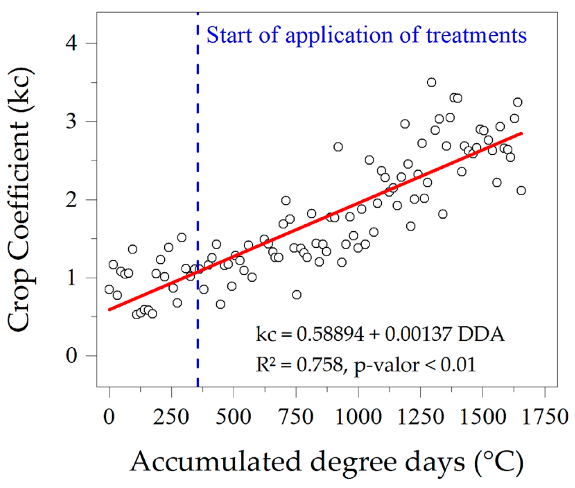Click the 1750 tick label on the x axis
[x=545, y=417]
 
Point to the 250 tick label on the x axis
[x=171, y=417]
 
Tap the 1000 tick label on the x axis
[x=358, y=417]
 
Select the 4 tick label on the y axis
[x=71, y=43]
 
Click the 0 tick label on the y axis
[x=71, y=356]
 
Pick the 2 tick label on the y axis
[x=71, y=200]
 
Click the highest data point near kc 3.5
[x=431, y=82]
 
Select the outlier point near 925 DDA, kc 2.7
[x=338, y=147]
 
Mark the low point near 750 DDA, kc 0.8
[x=297, y=295]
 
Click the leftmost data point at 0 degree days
[x=109, y=289]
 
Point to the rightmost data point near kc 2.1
[x=521, y=191]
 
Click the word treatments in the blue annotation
[x=476, y=36]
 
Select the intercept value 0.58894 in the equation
[x=330, y=334]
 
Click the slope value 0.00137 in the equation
[x=418, y=334]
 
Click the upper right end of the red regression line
[x=521, y=133]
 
